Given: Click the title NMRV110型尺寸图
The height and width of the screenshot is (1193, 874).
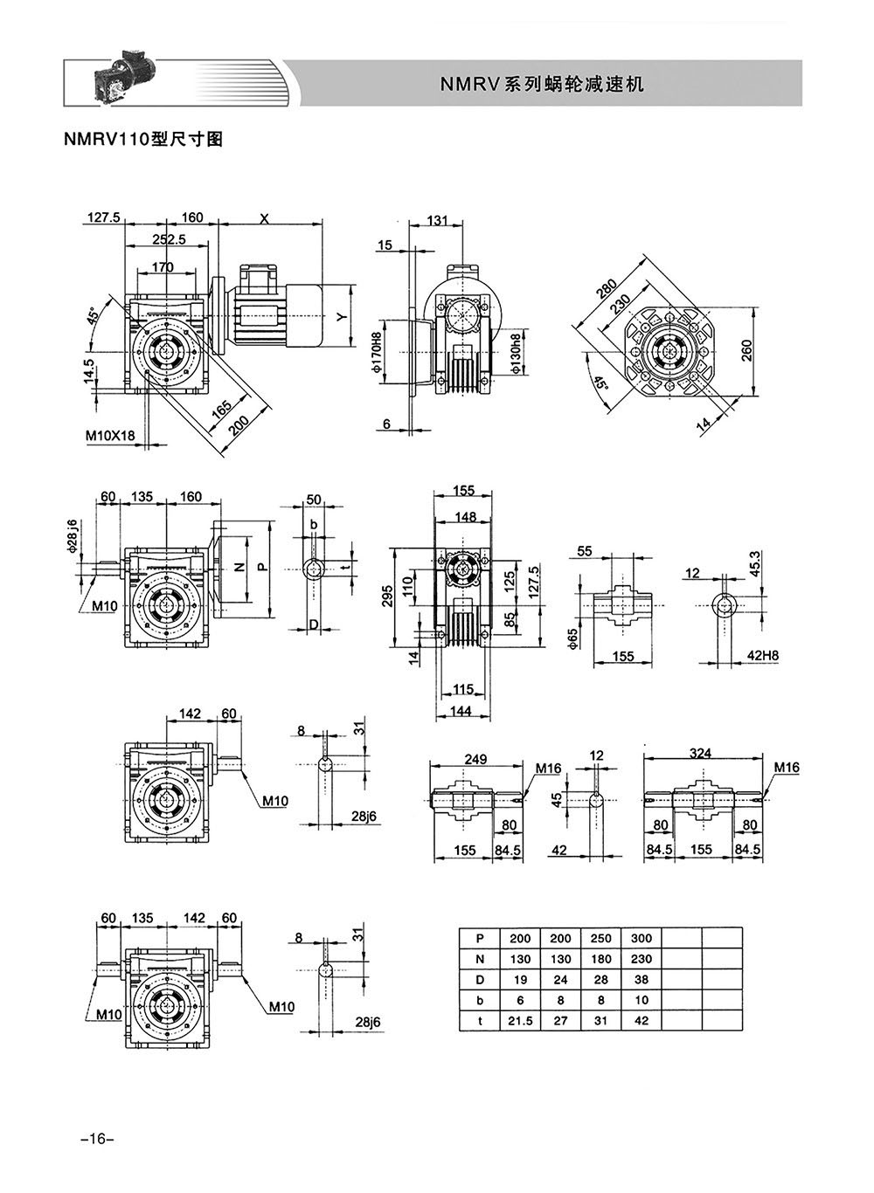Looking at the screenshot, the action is [142, 140].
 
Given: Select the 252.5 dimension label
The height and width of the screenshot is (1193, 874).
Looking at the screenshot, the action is [169, 239].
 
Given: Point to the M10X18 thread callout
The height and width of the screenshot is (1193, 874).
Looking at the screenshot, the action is [110, 435].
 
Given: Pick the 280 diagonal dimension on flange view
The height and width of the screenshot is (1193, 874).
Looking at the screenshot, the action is [607, 289].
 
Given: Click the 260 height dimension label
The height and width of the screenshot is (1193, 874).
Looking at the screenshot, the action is [746, 350].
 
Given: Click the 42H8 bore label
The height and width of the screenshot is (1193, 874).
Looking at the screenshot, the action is [763, 656].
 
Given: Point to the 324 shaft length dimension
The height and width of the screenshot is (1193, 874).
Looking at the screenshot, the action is [700, 753].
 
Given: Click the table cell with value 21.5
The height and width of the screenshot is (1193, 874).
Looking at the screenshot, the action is [520, 1021].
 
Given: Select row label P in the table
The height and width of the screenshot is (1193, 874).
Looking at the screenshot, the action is [480, 939].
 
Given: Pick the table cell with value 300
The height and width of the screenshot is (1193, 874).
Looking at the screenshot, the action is [642, 939].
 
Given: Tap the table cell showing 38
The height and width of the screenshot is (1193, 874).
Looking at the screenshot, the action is [642, 979].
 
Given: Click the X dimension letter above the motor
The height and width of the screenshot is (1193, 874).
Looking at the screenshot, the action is [265, 217].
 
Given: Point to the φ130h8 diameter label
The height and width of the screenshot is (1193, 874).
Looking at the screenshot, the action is [516, 354].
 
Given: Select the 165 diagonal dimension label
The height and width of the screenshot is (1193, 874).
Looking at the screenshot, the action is [222, 409].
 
